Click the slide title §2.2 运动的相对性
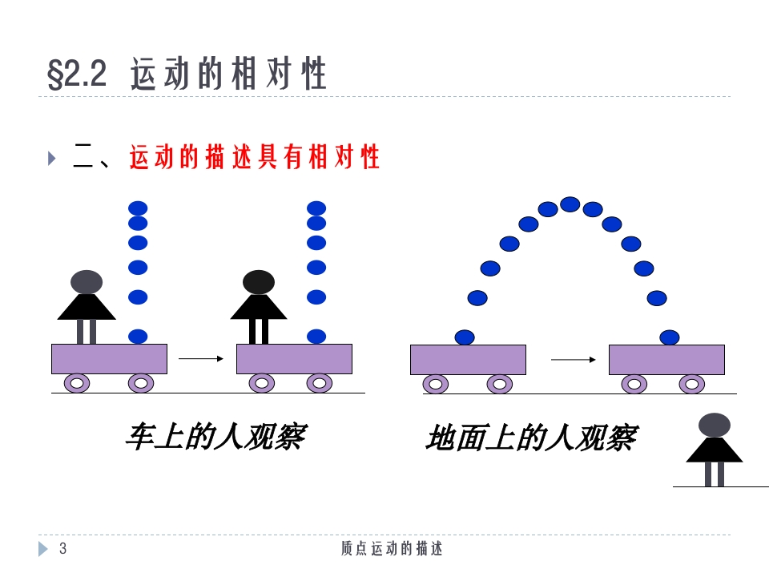tap(187, 75)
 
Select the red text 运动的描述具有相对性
tap(254, 158)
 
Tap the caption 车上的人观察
tap(215, 437)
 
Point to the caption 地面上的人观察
tap(531, 438)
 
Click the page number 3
tap(63, 548)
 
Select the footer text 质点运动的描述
tap(392, 548)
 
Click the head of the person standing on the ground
tap(714, 425)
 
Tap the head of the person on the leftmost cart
tap(87, 282)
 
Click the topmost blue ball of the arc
tap(570, 204)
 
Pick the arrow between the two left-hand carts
tap(200, 359)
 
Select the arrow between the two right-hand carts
tap(573, 360)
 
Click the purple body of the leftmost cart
tap(109, 359)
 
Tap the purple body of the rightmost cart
tap(666, 360)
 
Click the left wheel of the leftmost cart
tap(77, 383)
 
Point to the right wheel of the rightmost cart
tap(692, 384)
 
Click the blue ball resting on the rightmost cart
tap(669, 337)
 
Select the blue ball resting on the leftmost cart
tap(138, 337)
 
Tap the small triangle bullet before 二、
tap(52, 158)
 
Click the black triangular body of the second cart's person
tap(258, 307)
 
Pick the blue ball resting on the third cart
tap(465, 337)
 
